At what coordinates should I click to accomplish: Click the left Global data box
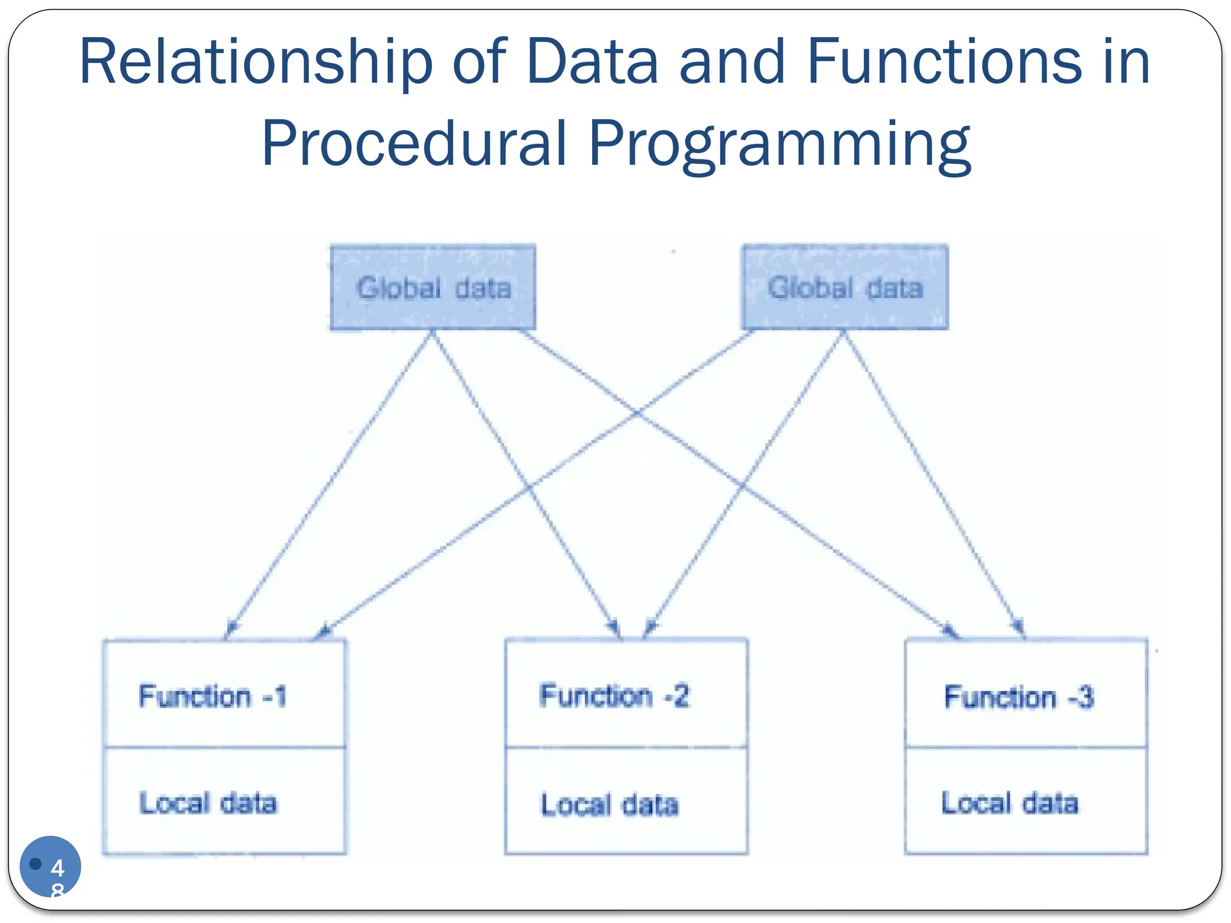pyautogui.click(x=433, y=287)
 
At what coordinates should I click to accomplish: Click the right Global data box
pyautogui.click(x=845, y=287)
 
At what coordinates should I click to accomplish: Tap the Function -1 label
pyautogui.click(x=213, y=696)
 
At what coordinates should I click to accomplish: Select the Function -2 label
pyautogui.click(x=614, y=696)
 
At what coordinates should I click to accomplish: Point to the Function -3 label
pyautogui.click(x=1019, y=697)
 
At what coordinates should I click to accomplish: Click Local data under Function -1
pyautogui.click(x=208, y=803)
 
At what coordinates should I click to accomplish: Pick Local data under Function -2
pyautogui.click(x=609, y=805)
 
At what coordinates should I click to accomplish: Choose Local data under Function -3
pyautogui.click(x=1010, y=803)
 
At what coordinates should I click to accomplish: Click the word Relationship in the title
pyautogui.click(x=255, y=62)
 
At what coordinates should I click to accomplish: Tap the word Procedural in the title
pyautogui.click(x=414, y=144)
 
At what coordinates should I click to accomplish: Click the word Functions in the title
pyautogui.click(x=944, y=62)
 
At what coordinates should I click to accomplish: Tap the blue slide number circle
pyautogui.click(x=50, y=866)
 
